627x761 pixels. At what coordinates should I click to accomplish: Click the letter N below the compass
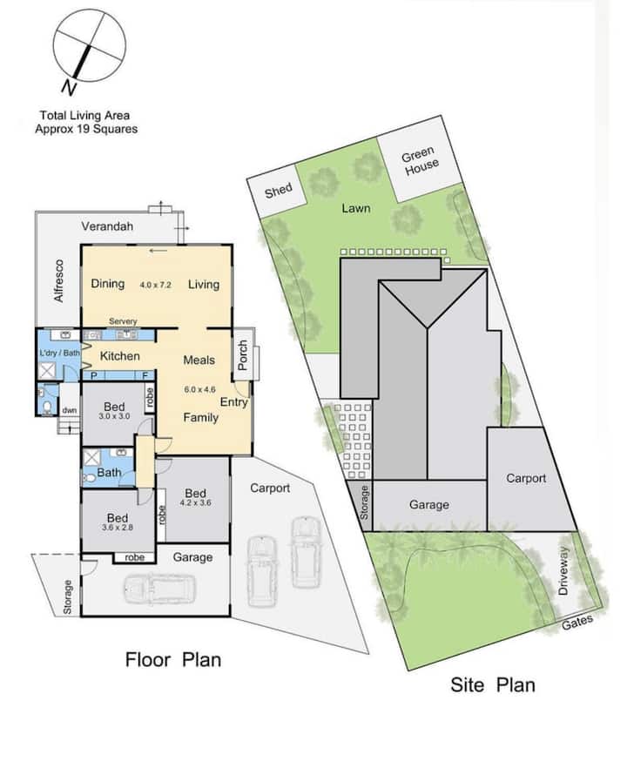70,88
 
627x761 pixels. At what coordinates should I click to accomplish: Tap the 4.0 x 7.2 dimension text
155,285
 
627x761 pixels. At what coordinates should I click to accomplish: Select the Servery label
123,321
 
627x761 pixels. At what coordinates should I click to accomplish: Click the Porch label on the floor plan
243,354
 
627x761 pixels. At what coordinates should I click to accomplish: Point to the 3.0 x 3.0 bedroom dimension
114,416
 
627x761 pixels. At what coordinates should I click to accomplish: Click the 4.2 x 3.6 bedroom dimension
195,502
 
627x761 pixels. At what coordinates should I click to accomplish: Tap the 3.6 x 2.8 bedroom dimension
118,528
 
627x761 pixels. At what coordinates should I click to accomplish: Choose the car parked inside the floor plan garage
159,589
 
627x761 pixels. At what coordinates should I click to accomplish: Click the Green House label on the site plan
420,161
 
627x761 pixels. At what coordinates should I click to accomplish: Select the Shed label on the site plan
278,191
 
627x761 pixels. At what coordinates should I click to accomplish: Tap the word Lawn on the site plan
355,208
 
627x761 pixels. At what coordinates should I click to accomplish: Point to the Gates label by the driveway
577,623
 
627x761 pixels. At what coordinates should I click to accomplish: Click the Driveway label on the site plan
563,571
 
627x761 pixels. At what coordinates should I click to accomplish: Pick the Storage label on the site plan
364,502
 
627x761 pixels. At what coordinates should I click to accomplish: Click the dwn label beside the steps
70,410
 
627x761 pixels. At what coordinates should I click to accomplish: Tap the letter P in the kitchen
94,375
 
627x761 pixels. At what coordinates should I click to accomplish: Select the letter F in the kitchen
145,375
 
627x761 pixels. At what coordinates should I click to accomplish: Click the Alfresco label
58,281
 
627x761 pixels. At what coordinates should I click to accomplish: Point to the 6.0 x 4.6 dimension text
199,389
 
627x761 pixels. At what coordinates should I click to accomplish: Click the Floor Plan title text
173,660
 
